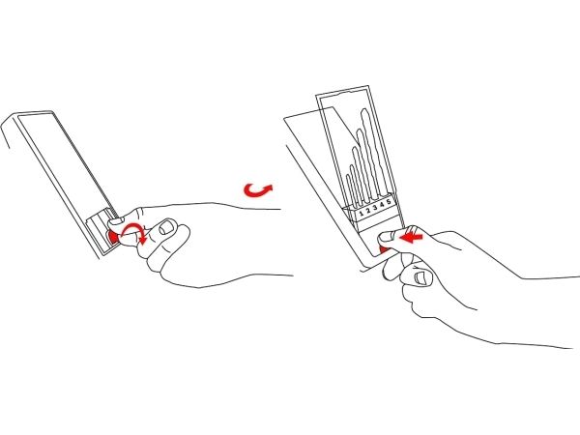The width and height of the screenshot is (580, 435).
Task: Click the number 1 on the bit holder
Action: tap(362, 214)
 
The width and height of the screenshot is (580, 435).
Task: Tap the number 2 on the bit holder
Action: tap(368, 211)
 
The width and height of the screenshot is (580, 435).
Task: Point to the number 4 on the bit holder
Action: tap(382, 205)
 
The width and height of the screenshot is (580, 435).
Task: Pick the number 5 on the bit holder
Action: tap(389, 202)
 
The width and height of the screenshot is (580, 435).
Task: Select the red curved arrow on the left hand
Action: tap(134, 232)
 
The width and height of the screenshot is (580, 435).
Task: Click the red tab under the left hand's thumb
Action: tap(112, 236)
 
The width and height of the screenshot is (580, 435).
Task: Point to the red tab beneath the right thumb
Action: tap(385, 250)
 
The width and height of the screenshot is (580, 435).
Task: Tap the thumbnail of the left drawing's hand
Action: tap(117, 221)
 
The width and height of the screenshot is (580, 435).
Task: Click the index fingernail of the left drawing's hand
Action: tap(167, 227)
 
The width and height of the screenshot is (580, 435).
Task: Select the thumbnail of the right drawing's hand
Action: tap(387, 236)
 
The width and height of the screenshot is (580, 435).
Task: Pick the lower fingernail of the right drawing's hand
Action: tap(421, 277)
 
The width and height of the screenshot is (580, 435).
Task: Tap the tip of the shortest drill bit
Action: tap(348, 175)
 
